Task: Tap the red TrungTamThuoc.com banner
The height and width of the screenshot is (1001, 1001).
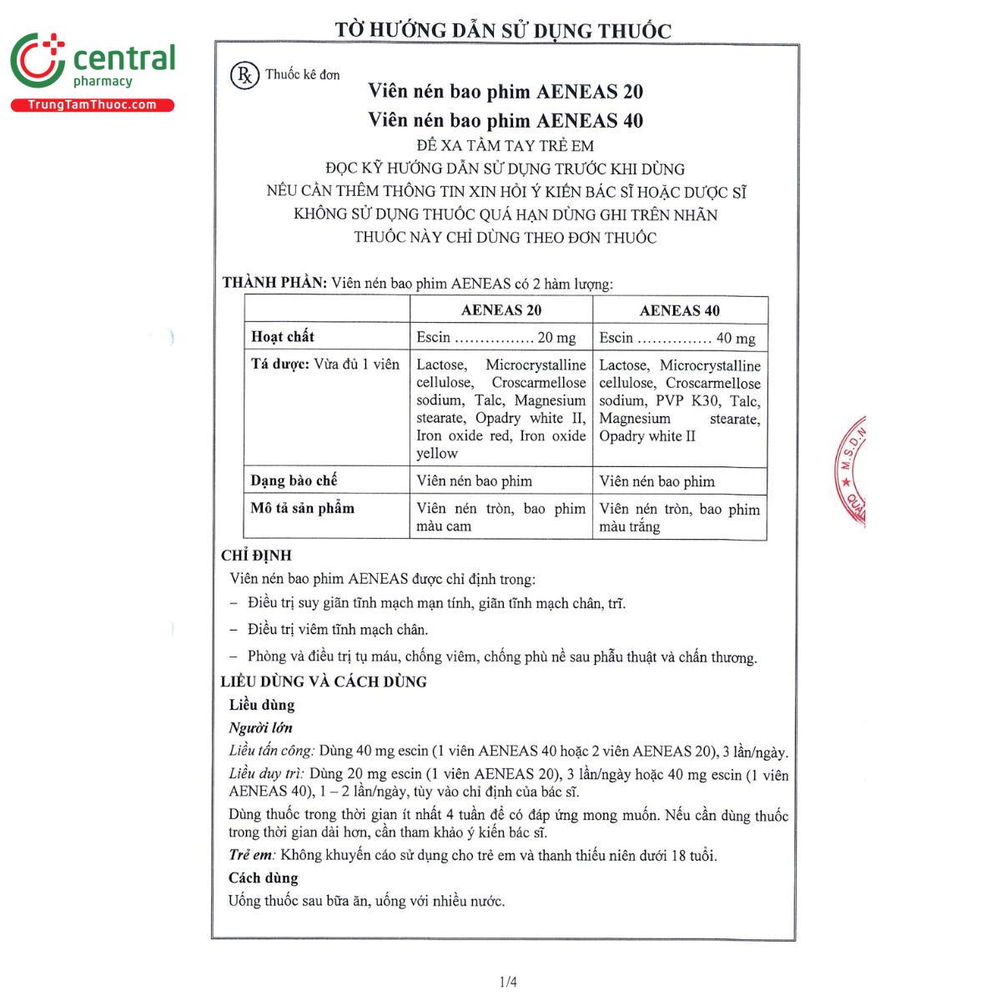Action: tap(92, 105)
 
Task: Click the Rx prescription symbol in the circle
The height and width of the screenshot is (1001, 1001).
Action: tap(244, 75)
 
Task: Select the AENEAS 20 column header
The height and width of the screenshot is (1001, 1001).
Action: tap(501, 310)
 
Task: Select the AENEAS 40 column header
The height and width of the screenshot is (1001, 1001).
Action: tap(679, 310)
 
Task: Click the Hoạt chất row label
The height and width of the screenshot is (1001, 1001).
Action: tap(283, 337)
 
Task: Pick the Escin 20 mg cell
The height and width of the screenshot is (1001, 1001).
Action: tap(496, 338)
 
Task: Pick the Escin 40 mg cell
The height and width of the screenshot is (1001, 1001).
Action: tap(677, 338)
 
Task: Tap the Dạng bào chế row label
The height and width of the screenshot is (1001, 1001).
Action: tap(294, 480)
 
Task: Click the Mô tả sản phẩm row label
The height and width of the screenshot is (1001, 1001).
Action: tap(302, 508)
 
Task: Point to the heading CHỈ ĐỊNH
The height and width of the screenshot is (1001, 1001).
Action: tap(256, 556)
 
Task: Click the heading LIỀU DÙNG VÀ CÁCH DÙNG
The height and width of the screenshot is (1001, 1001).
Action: tap(324, 682)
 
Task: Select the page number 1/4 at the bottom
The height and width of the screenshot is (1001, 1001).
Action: tap(508, 982)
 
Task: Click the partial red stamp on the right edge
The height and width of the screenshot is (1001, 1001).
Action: tap(851, 471)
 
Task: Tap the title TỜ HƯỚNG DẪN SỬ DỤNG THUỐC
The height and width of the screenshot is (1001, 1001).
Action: tap(503, 31)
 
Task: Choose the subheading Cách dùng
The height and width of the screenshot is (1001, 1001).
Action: tap(263, 878)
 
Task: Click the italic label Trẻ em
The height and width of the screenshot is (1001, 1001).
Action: tap(251, 855)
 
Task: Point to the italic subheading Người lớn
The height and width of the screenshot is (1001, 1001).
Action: tap(260, 728)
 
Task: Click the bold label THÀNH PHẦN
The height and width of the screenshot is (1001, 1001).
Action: tap(274, 283)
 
